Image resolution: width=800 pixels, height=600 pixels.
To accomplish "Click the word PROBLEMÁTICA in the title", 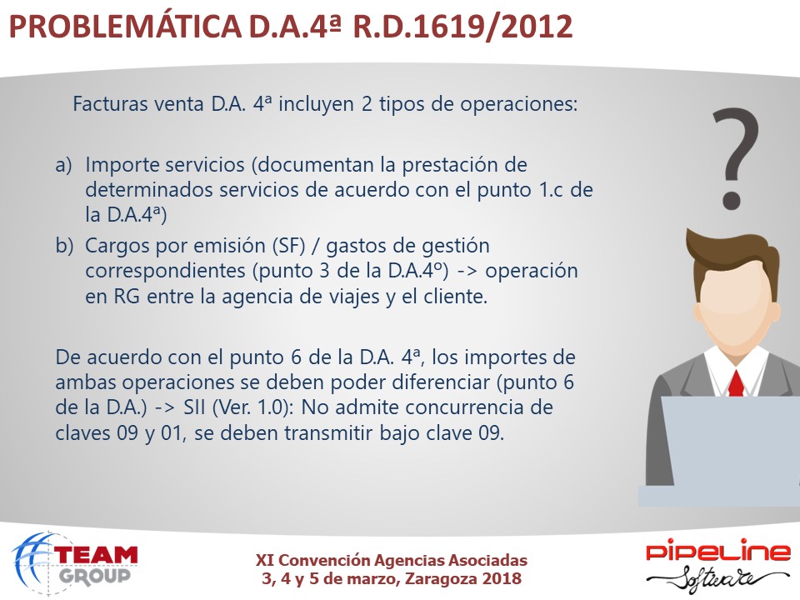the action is tap(125, 26).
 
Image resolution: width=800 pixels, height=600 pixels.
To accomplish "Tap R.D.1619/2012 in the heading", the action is tap(462, 26).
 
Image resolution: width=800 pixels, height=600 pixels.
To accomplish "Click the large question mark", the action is tap(735, 158).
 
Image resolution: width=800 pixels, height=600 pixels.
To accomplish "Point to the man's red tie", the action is tap(736, 383).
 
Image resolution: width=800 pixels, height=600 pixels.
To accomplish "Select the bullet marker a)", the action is tap(63, 165).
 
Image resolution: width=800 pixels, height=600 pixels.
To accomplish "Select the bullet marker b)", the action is tap(64, 245).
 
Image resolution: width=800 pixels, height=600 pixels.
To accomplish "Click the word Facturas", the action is tap(110, 103).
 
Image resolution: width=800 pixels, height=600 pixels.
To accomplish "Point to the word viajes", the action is tap(352, 297).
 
